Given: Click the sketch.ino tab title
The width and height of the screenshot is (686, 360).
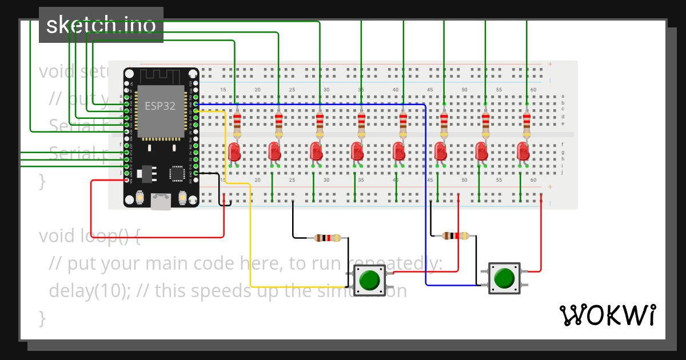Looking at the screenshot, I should pyautogui.click(x=101, y=25).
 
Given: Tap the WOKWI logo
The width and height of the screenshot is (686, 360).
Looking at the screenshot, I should pyautogui.click(x=607, y=315).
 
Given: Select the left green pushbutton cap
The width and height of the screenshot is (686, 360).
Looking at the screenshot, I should pyautogui.click(x=370, y=279).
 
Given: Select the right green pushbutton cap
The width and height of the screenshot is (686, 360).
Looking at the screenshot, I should pyautogui.click(x=504, y=278).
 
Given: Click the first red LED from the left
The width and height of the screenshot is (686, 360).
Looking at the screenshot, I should pyautogui.click(x=234, y=152).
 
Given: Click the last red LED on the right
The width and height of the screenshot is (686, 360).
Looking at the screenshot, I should pyautogui.click(x=523, y=152).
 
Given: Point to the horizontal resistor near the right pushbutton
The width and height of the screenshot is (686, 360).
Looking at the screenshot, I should pyautogui.click(x=456, y=235).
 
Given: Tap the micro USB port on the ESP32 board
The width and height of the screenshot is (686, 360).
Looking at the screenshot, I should pyautogui.click(x=161, y=201).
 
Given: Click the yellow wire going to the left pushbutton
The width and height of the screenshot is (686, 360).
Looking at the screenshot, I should pyautogui.click(x=250, y=240).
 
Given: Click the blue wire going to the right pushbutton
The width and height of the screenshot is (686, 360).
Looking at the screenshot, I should pyautogui.click(x=426, y=200).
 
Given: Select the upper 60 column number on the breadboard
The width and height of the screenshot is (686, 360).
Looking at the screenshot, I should pyautogui.click(x=533, y=90).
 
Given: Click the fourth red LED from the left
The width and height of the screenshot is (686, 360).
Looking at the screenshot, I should pyautogui.click(x=357, y=152).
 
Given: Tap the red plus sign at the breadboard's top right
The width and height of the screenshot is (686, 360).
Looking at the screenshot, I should pyautogui.click(x=550, y=64).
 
